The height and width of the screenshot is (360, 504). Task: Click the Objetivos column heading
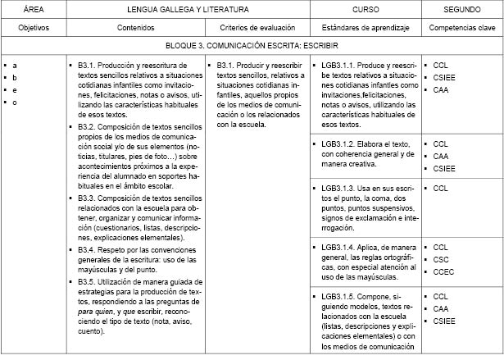pyautogui.click(x=34, y=27)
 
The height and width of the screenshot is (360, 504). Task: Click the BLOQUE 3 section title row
pyautogui.click(x=252, y=46)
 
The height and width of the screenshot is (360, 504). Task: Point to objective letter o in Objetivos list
pyautogui.click(x=15, y=102)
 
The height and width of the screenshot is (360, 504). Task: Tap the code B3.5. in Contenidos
pyautogui.click(x=90, y=280)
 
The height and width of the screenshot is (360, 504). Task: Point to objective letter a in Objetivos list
pyautogui.click(x=15, y=63)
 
